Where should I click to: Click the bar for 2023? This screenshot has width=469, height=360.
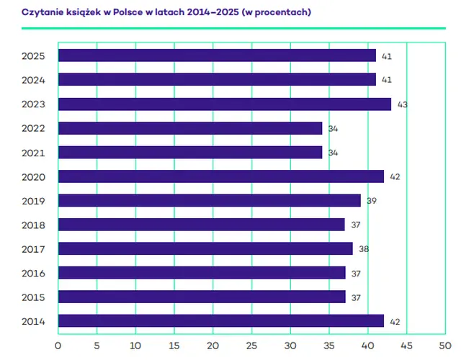(224, 104)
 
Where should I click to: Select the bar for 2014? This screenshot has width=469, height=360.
(220, 321)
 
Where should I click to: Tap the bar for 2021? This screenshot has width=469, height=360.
(189, 153)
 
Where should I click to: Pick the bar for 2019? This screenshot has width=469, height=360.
(209, 201)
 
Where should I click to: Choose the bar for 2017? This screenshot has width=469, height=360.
(205, 249)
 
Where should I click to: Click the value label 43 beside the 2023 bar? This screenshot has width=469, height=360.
(403, 104)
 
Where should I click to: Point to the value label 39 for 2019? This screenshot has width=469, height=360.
(372, 201)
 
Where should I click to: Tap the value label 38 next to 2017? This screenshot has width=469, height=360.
(364, 249)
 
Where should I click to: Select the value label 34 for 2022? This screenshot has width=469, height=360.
(333, 129)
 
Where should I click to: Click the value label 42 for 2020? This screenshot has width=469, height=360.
(395, 177)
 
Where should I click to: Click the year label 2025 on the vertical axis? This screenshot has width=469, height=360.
(33, 56)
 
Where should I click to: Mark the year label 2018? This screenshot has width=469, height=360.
(33, 225)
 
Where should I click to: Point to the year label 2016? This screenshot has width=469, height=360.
(33, 273)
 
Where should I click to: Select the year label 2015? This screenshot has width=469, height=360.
(33, 297)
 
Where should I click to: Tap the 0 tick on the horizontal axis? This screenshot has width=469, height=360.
(58, 344)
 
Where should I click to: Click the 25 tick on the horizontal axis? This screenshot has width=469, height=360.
(251, 344)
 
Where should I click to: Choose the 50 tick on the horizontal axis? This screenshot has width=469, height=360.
(445, 344)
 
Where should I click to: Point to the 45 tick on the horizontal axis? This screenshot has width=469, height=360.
(406, 344)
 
